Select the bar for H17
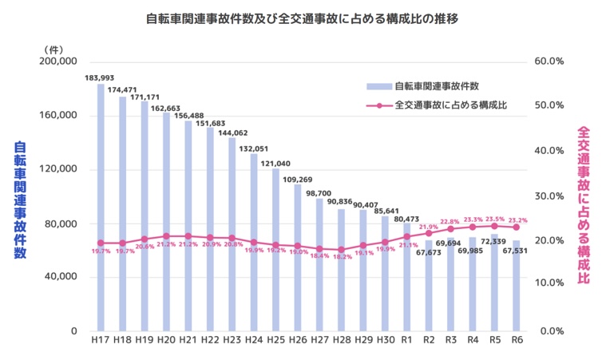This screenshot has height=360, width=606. [101, 208]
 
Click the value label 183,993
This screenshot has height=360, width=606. [100, 77]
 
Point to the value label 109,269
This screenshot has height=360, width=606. [297, 179]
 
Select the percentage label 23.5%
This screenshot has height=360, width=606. [495, 219]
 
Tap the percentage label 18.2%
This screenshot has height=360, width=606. [342, 258]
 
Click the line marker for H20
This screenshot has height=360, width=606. [166, 236]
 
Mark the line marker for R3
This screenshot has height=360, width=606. [450, 230]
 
